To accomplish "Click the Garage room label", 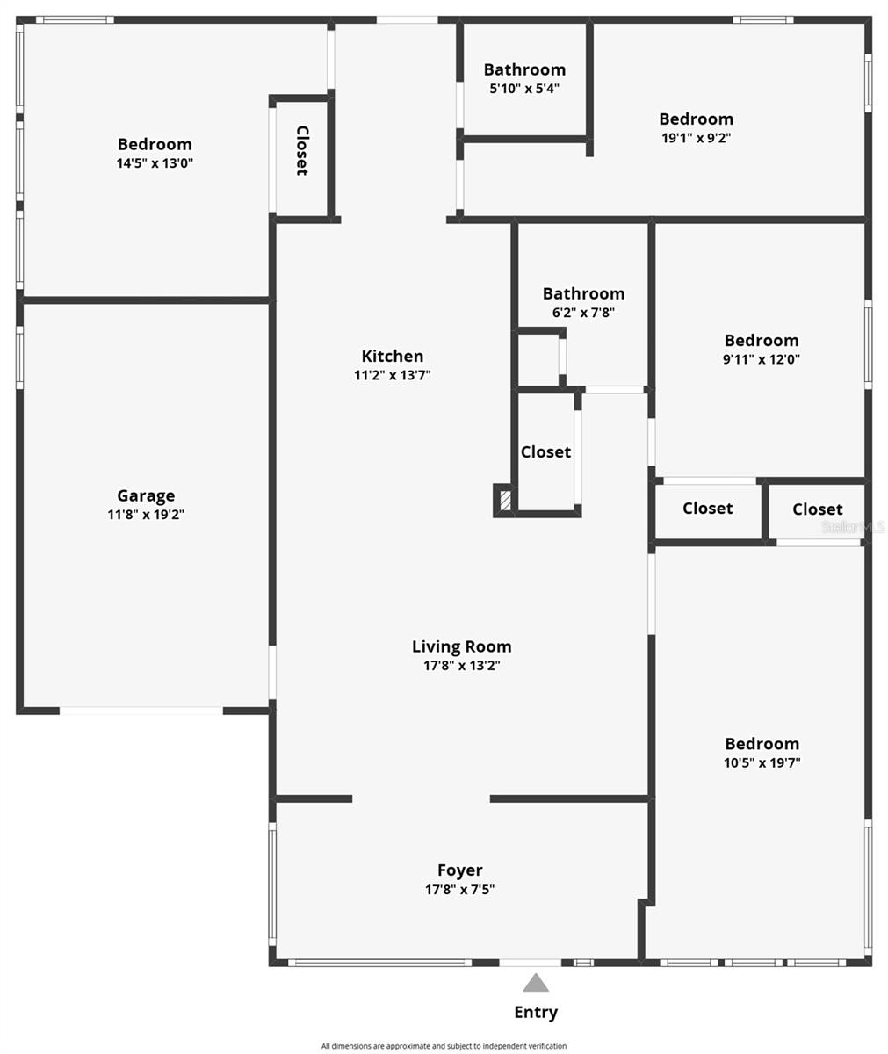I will coord(146,495).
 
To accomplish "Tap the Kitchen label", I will coord(392,356).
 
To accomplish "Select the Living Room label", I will coord(461,646).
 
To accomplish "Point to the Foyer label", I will coord(459,870).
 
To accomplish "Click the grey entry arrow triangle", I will coord(535,983).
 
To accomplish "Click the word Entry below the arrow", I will coord(535,1012).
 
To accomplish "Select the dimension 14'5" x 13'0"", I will coord(155,163).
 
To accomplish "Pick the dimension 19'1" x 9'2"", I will coord(696,138).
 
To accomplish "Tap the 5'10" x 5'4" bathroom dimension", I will coord(524,88).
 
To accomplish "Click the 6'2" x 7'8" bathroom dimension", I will coord(583,313).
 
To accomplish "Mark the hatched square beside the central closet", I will coord(504,502).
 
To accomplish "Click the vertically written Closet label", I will coord(301,150).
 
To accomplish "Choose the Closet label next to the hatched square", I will coord(545,451).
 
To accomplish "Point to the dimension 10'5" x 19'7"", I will coord(762,762).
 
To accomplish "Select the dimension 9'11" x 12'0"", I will coord(762,359).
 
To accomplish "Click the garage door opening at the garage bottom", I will coord(141,710).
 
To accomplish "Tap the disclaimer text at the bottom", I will coord(444,1045).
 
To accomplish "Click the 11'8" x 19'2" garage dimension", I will coord(146,515).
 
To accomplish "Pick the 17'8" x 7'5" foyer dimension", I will coord(459,889).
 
